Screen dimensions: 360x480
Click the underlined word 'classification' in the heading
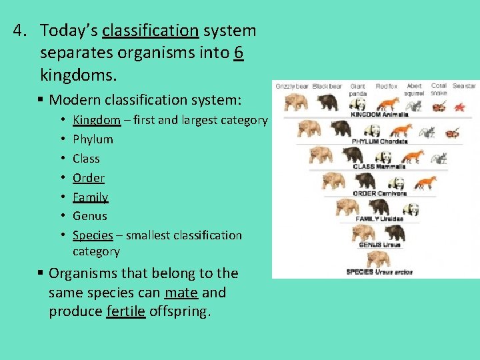[150, 31]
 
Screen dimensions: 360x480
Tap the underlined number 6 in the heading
[239, 52]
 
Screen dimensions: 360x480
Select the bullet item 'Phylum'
[93, 139]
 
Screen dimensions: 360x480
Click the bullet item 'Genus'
[89, 216]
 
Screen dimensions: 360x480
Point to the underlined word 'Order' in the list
[88, 178]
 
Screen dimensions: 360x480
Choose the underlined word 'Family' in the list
[90, 197]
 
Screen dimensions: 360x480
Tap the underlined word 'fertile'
[125, 312]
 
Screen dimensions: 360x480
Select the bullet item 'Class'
[86, 159]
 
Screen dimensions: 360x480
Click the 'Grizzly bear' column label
[292, 86]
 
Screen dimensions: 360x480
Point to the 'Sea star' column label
[464, 86]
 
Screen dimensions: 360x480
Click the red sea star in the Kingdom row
[459, 107]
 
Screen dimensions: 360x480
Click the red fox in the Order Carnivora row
[425, 182]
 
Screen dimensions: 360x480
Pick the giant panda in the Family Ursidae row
[411, 209]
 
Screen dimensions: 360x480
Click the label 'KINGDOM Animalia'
[379, 115]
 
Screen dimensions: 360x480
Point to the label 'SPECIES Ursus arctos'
[379, 272]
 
